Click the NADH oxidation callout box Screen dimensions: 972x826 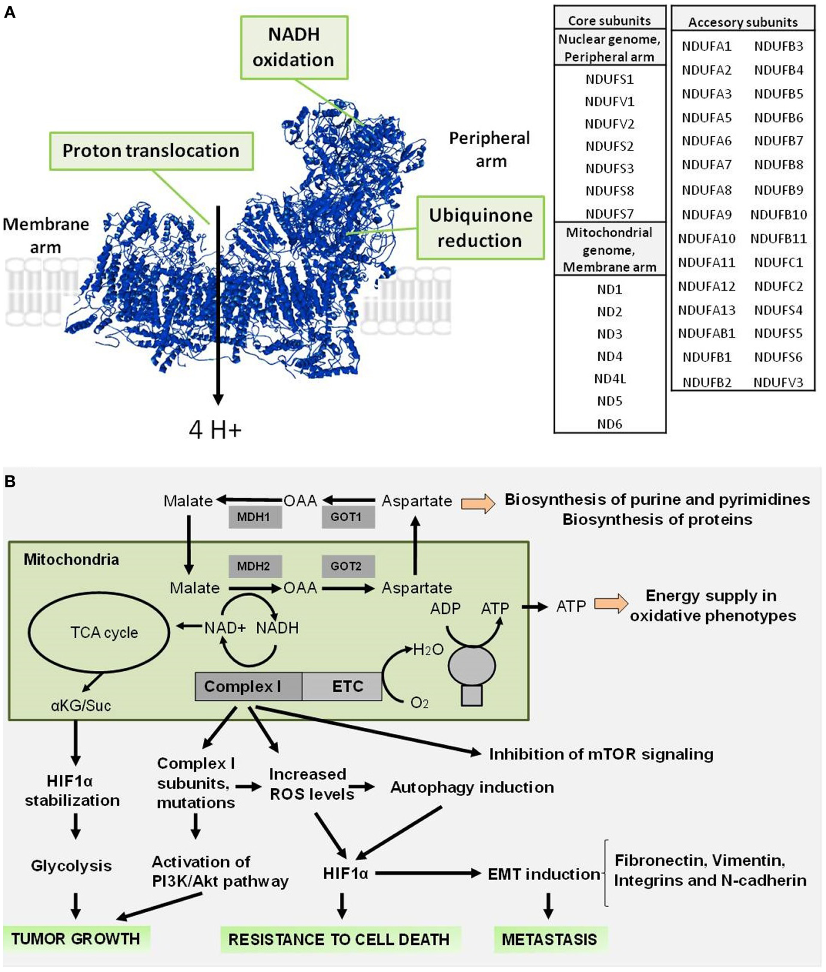(294, 47)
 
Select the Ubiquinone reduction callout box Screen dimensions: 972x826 (480, 228)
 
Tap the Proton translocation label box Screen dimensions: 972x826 (151, 151)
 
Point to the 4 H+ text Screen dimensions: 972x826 (215, 429)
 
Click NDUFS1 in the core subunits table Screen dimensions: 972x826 (609, 79)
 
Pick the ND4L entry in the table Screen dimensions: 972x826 (609, 379)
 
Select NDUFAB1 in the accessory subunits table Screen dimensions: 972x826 (706, 333)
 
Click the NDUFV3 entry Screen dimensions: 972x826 (778, 382)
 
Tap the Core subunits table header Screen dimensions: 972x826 (609, 20)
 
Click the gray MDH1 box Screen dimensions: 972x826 (255, 517)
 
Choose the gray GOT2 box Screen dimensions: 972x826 (346, 566)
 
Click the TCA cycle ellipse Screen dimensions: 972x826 (99, 632)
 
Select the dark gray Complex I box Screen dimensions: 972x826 (248, 686)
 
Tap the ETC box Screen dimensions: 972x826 (343, 686)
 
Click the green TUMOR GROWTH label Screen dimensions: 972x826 (76, 939)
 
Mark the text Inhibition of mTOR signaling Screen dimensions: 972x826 (601, 754)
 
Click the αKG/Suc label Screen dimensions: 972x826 (81, 705)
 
